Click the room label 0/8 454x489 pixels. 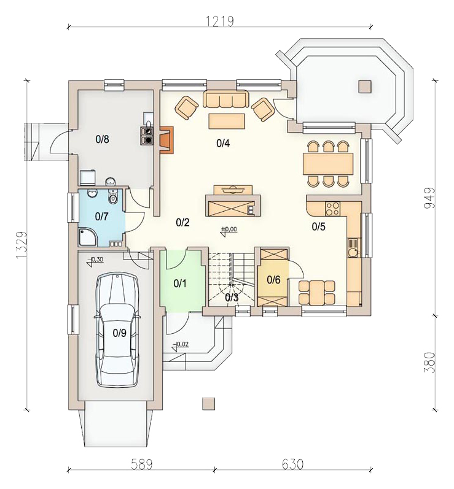point(103,139)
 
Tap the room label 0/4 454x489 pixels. point(223,144)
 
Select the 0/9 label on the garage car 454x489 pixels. point(120,333)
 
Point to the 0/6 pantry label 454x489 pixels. point(273,280)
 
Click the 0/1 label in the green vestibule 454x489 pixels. point(180,283)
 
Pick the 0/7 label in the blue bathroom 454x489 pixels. point(102,216)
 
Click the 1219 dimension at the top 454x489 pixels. point(220,21)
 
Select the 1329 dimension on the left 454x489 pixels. point(21,245)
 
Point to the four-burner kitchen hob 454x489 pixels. point(332,209)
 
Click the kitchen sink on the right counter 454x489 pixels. point(354,248)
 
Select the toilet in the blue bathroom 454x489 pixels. point(112,196)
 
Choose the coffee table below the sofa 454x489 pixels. point(227,121)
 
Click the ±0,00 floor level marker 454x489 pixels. point(229,231)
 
